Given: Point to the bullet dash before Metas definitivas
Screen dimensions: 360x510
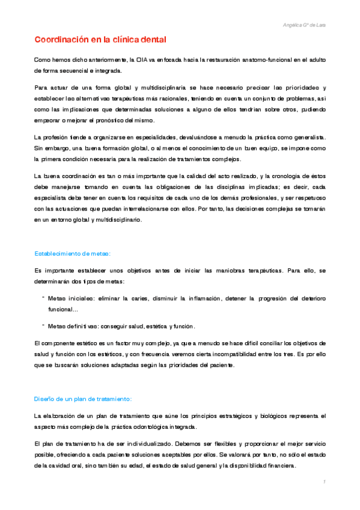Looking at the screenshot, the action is pyautogui.click(x=43, y=324).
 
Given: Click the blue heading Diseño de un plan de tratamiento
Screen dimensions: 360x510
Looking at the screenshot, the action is pyautogui.click(x=82, y=399).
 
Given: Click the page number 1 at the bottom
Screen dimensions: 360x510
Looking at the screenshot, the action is pyautogui.click(x=323, y=482).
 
